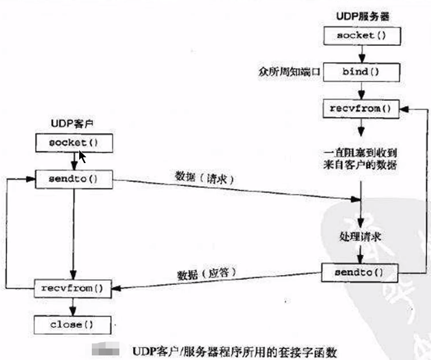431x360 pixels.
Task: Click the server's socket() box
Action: click(x=360, y=36)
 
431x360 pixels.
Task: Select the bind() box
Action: click(x=360, y=72)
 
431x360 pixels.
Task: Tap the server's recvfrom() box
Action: click(x=360, y=108)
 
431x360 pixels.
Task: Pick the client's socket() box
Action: click(x=73, y=142)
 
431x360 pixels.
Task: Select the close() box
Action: click(x=73, y=324)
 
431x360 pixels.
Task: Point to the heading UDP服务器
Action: click(x=361, y=16)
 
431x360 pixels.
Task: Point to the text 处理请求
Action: click(x=359, y=237)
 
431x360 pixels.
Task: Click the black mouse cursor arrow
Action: click(x=82, y=157)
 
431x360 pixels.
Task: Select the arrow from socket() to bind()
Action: click(x=361, y=54)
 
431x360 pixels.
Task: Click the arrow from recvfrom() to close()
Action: click(x=73, y=306)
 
